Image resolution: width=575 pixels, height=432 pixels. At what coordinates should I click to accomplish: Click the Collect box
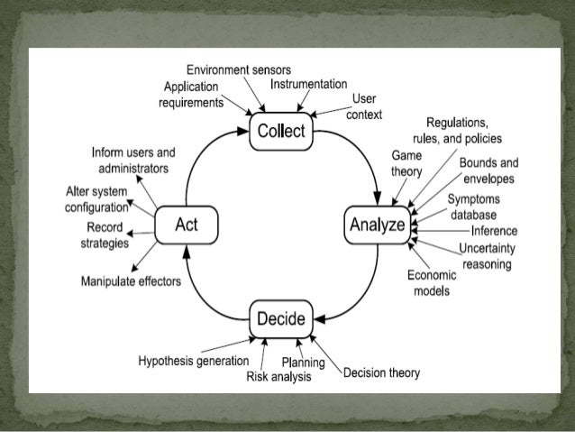pos(281,132)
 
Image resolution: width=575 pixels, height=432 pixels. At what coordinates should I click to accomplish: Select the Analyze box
pos(377,225)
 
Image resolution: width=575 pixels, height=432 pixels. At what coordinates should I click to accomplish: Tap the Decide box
pos(279,319)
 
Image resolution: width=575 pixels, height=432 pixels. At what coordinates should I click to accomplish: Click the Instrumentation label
pos(308,84)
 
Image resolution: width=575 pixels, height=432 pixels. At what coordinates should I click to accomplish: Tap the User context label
pos(364,106)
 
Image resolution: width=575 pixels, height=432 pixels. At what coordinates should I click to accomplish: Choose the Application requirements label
pos(192,95)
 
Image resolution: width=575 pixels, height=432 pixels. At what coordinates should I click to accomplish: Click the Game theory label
pos(406,162)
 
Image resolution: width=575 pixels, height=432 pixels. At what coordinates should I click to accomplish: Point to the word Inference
pos(493,231)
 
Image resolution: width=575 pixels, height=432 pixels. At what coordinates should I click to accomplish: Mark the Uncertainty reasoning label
pos(485,256)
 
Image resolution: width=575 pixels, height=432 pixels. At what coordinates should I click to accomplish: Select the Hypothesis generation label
pos(193,361)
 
